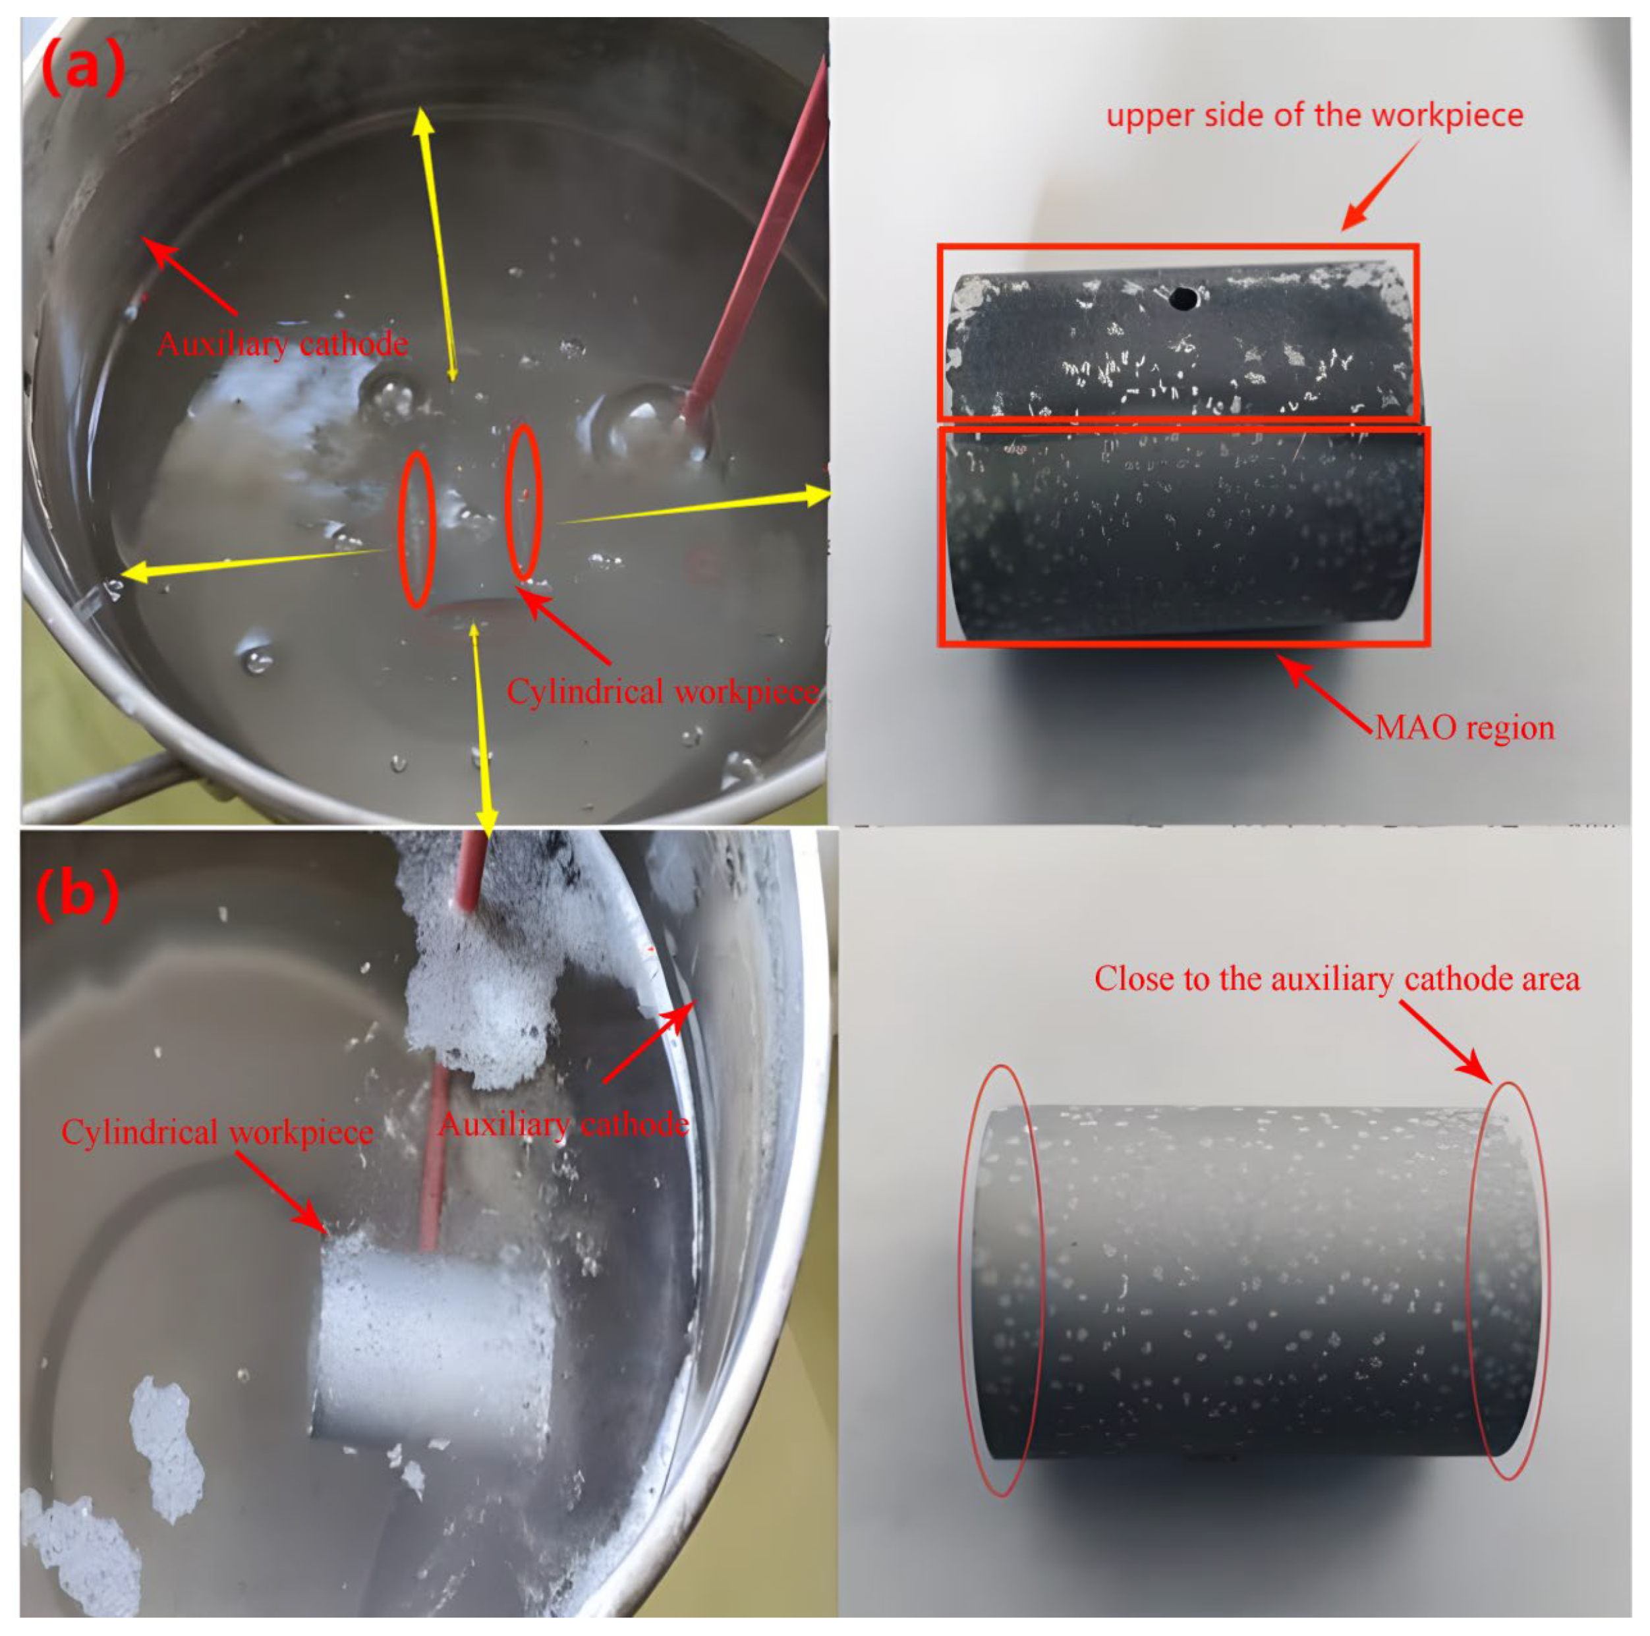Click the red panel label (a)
coord(83,69)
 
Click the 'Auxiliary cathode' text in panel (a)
coord(283,344)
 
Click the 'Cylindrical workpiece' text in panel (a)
coord(662,692)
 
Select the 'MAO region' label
coord(1465,728)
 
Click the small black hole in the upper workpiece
coord(1183,298)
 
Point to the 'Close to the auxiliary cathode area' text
coord(1336,978)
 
